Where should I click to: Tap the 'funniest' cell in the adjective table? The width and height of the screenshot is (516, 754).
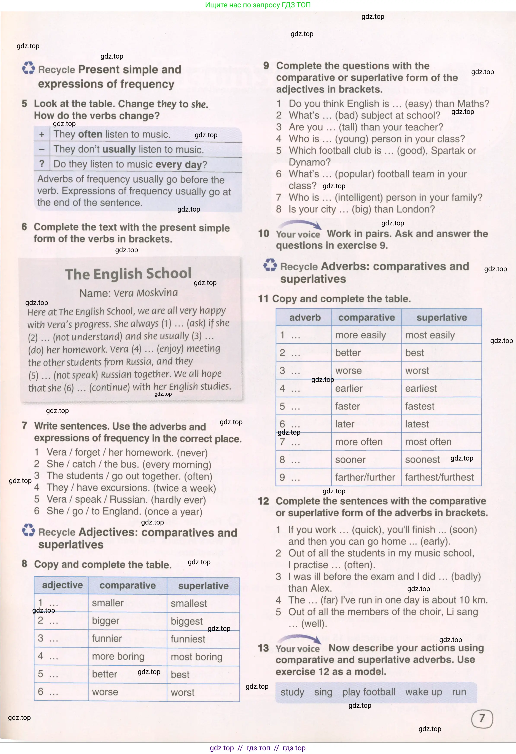188,639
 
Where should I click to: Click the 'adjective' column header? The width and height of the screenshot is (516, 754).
62,585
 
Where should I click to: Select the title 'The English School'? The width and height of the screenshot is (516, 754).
128,274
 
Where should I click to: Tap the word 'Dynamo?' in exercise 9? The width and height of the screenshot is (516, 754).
309,162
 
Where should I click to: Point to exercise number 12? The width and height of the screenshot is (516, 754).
263,501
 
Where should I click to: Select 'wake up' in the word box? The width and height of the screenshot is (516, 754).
423,692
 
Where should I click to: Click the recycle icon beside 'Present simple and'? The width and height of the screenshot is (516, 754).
29,69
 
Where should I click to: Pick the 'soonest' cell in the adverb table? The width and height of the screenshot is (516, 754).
422,459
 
